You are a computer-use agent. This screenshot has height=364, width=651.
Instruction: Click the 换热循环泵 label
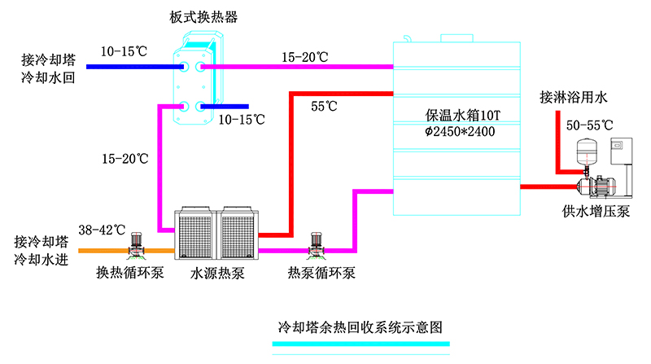click(x=130, y=273)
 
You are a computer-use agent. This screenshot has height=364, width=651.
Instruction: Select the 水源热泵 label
click(x=218, y=273)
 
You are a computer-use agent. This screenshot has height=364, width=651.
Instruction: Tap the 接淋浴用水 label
click(x=574, y=99)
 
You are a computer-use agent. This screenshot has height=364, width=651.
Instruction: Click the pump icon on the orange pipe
click(x=136, y=242)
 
